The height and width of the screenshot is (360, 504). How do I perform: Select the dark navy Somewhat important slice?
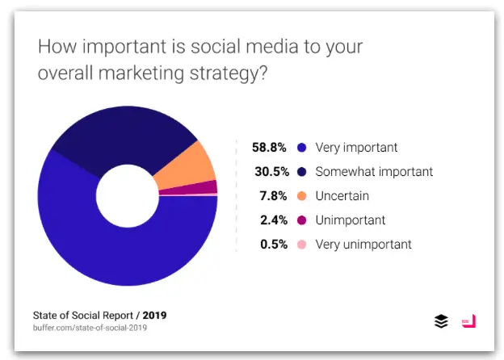click(x=121, y=137)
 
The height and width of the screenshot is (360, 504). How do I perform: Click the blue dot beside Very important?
click(x=301, y=148)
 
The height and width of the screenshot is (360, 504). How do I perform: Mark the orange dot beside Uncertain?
click(x=301, y=196)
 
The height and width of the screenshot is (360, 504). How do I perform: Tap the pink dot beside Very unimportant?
click(x=301, y=244)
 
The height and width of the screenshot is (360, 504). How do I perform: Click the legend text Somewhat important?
click(x=374, y=172)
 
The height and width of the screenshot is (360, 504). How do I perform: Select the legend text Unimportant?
click(x=351, y=220)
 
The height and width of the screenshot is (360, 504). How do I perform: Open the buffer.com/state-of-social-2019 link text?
click(x=90, y=328)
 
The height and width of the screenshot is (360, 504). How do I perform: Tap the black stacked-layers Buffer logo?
click(x=441, y=321)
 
